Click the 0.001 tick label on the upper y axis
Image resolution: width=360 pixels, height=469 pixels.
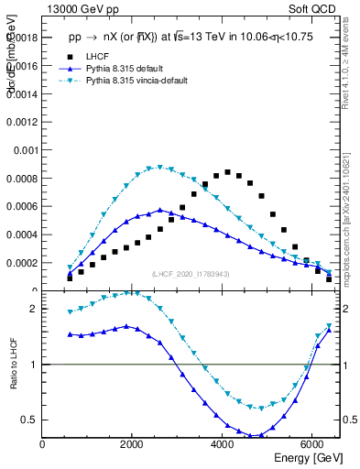click(24, 149)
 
